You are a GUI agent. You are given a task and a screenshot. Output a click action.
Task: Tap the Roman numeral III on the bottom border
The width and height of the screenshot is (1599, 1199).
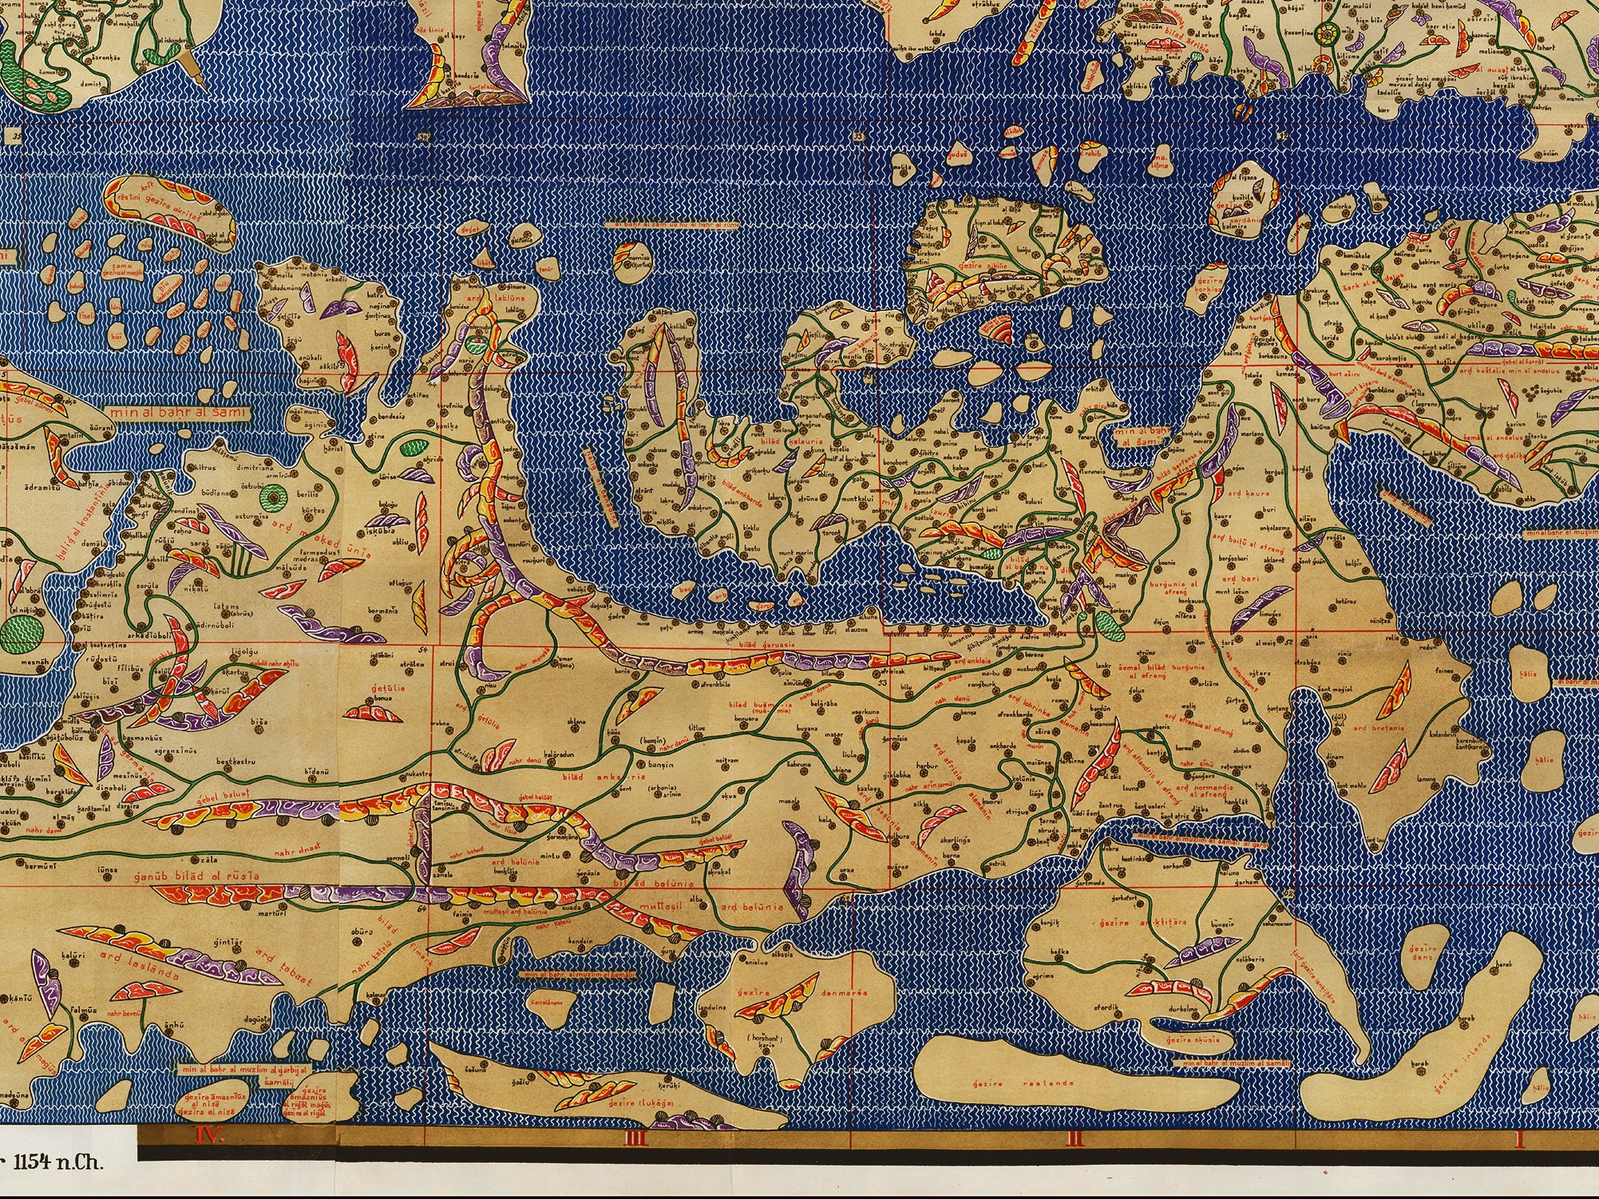pos(635,1139)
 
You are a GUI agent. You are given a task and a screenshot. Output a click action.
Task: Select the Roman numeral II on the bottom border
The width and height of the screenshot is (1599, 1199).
pos(1075,1139)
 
